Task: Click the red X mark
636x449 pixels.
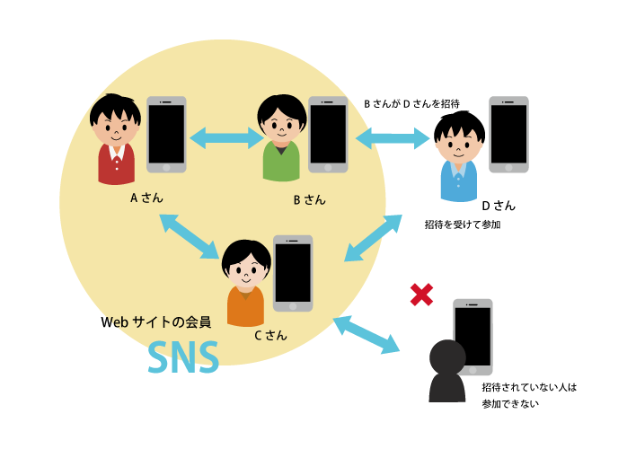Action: point(421,295)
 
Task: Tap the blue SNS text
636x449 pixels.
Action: point(183,358)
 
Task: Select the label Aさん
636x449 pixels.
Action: point(146,198)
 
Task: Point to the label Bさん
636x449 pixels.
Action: point(309,199)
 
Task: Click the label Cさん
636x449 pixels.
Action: point(270,335)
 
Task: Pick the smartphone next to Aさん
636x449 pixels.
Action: point(166,135)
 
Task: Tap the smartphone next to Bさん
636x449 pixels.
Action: point(328,135)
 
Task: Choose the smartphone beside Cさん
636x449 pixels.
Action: point(293,273)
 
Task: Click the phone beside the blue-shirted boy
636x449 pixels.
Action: point(508,134)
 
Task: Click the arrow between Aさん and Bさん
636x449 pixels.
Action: point(225,137)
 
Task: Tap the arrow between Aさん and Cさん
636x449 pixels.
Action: point(190,235)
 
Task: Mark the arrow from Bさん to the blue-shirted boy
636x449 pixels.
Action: point(393,138)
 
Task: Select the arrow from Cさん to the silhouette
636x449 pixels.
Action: point(367,334)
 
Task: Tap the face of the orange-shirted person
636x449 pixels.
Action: point(246,267)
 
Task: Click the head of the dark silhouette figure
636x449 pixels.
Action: point(447,357)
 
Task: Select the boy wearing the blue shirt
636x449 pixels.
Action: point(459,162)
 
